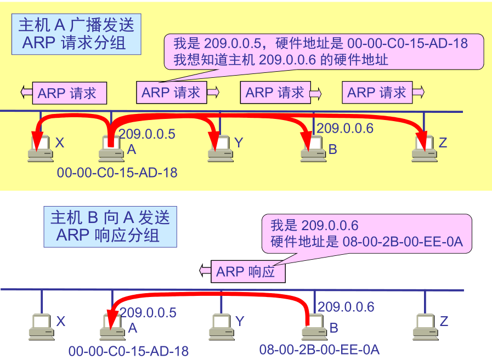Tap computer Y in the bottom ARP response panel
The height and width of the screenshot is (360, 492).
pos(221,327)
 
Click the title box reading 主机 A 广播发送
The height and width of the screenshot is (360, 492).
pos(76,33)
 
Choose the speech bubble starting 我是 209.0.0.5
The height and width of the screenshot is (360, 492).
pos(324,51)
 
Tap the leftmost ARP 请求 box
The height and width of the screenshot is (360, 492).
pos(69,93)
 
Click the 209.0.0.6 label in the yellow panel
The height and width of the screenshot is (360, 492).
pos(345,128)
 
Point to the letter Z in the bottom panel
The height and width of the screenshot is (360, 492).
pos(444,321)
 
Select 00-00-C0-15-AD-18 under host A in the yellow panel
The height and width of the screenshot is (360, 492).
pos(117,173)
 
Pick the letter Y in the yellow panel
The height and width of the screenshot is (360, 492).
pos(238,143)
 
